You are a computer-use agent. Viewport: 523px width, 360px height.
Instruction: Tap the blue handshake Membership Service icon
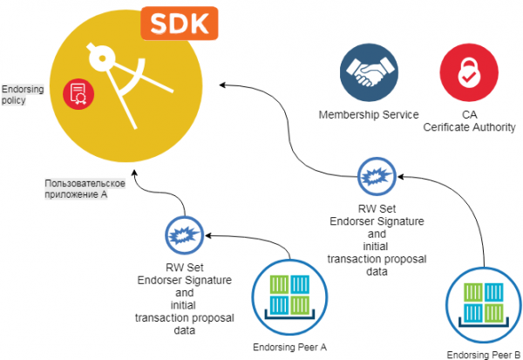(x=368, y=73)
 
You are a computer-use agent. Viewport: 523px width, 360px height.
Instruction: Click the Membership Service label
(x=369, y=115)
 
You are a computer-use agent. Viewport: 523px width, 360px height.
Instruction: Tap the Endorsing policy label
(x=15, y=94)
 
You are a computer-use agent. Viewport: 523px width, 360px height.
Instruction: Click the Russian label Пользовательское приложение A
(x=87, y=189)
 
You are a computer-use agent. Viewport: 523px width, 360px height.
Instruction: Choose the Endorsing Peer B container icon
(x=485, y=303)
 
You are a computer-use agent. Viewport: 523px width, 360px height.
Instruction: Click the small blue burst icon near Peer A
(x=183, y=234)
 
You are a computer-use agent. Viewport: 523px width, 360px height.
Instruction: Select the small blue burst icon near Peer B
(x=376, y=175)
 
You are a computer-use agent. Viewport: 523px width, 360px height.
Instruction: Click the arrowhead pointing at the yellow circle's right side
(x=222, y=85)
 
